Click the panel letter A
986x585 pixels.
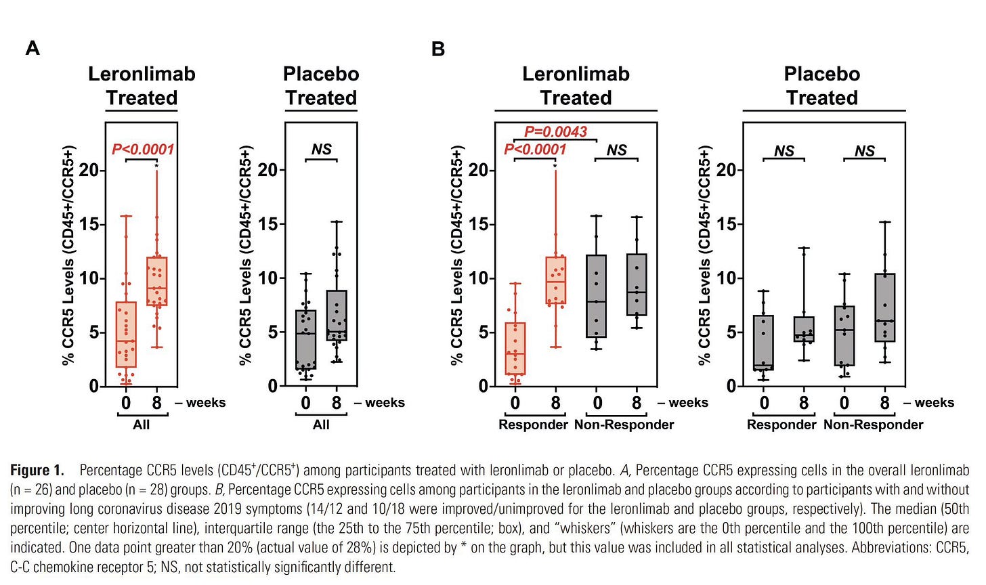33,48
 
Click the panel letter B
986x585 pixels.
438,49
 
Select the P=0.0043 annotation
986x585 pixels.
555,131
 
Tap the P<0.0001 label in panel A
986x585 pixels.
143,149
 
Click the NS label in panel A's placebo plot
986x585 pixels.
321,149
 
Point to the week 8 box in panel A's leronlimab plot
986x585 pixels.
156,281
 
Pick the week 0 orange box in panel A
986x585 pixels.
126,334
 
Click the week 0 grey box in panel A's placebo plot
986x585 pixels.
305,340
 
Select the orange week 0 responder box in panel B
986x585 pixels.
515,349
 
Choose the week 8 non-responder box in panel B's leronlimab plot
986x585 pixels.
637,284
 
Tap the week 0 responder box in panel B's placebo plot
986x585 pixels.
763,343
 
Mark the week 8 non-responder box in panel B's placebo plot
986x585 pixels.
884,307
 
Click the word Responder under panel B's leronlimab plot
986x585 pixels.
533,425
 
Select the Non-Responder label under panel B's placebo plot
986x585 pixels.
874,425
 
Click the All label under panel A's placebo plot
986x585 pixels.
321,425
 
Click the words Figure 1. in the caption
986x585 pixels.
37,470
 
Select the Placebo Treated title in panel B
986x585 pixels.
822,86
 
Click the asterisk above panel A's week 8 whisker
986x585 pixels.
156,166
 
